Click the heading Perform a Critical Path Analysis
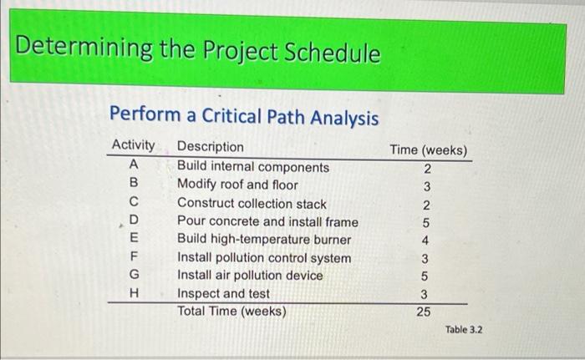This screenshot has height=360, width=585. pos(244,118)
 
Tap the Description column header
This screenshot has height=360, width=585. pos(211,148)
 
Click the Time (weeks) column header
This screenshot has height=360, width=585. pos(428,150)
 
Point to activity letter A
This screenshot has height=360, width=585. pos(134,166)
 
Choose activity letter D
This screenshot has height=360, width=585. pos(134,221)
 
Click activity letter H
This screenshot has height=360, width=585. pos(134,294)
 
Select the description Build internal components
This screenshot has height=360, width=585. pos(252,166)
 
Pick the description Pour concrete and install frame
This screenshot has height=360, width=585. pos(267,221)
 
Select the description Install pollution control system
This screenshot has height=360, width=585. pos(264,258)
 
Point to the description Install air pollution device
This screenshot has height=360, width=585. pos(256,276)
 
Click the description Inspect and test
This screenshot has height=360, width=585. pos(223,294)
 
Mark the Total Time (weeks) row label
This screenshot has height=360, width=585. pos(231,312)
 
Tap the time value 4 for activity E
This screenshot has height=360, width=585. pos(425,241)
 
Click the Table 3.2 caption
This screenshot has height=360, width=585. pos(464,330)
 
